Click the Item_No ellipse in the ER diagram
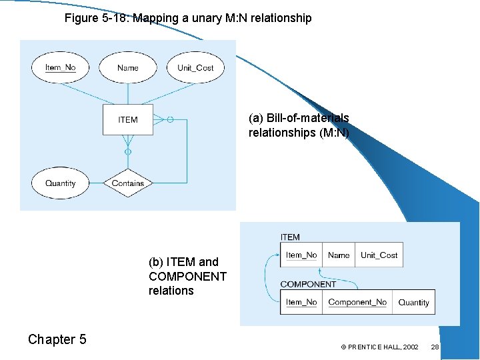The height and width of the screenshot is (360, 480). coord(61,67)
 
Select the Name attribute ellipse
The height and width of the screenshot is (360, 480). coord(128,67)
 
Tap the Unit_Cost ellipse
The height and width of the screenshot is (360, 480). coord(195,67)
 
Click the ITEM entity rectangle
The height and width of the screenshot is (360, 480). coord(128,120)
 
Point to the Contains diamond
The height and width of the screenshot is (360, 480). coord(128,183)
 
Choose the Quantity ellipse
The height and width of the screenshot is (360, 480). coord(61,183)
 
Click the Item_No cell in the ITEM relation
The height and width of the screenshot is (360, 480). coord(301,255)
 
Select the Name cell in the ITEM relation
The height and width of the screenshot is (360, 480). coord(339,255)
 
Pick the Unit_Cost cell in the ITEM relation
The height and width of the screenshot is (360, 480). coord(379,255)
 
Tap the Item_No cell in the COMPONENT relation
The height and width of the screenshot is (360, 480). coord(301,302)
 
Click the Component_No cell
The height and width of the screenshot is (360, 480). coord(357,302)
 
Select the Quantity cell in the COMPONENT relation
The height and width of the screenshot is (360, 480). coord(413,302)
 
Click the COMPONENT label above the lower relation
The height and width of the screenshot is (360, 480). coord(308,284)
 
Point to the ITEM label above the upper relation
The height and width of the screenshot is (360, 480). coord(291,237)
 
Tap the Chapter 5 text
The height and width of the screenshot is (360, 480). coord(57,339)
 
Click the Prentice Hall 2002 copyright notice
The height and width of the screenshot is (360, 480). coord(379,347)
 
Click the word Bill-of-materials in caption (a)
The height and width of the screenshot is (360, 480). coord(307,118)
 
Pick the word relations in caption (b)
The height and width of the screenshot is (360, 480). coord(171,291)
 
